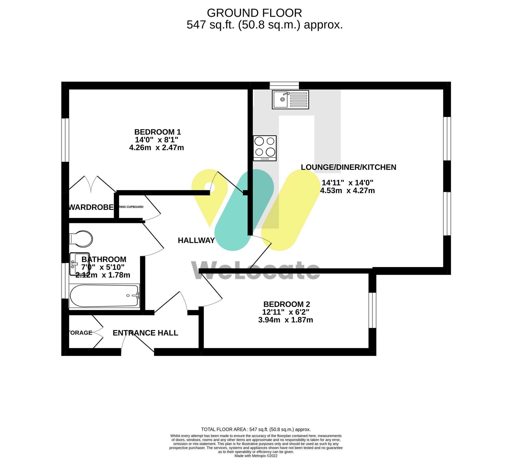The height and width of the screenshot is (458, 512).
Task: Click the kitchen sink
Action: [290, 100]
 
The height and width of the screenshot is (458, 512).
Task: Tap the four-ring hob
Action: [265, 148]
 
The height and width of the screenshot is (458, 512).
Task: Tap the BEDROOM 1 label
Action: [157, 132]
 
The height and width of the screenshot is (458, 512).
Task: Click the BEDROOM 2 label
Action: [286, 304]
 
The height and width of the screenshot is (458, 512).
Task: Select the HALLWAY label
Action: [196, 240]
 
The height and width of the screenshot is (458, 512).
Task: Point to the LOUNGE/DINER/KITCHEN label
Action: [348, 167]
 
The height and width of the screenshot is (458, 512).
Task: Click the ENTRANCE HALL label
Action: [145, 333]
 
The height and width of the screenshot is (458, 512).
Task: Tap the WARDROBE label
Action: [91, 207]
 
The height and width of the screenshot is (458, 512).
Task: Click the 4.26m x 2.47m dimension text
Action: [156, 148]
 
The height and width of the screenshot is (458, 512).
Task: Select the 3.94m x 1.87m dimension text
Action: [285, 320]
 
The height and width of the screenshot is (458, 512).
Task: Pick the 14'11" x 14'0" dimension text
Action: [347, 183]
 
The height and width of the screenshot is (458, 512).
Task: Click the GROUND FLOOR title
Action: [254, 13]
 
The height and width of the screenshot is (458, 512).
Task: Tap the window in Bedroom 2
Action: [372, 310]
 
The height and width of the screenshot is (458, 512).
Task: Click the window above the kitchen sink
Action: [284, 85]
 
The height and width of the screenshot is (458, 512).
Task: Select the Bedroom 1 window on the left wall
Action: [65, 140]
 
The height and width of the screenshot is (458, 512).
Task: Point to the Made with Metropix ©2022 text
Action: [256, 456]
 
